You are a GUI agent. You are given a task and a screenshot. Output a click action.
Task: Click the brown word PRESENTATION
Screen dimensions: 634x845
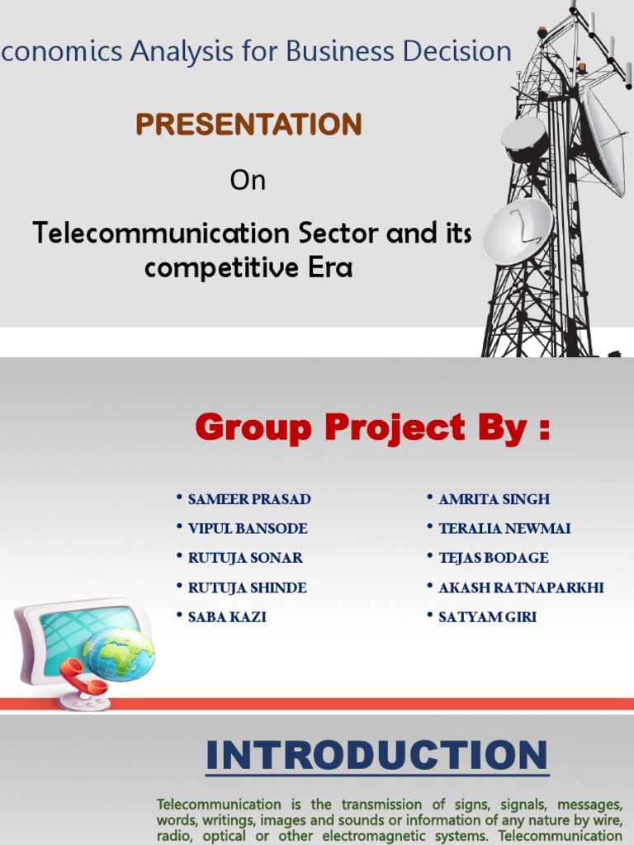248,124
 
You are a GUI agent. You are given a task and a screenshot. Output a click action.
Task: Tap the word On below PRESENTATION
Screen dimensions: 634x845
248,180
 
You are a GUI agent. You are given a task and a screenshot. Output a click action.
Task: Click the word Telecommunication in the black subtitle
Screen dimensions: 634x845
161,233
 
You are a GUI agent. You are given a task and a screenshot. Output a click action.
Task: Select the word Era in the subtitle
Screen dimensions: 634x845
330,267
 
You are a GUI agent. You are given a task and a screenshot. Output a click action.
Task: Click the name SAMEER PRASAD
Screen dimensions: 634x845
249,499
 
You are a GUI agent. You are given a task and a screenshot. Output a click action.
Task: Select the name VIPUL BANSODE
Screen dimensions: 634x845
248,529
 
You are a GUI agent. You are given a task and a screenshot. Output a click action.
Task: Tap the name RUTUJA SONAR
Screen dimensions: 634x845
245,558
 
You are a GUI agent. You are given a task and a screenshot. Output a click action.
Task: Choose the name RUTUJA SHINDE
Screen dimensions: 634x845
247,588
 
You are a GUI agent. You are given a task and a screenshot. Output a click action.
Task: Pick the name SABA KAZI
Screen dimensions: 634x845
227,617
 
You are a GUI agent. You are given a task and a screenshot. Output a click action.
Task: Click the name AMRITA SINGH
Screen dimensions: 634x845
494,499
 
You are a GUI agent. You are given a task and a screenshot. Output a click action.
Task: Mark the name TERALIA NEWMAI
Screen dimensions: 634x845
504,529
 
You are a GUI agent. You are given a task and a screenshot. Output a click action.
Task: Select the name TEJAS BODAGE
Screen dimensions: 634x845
494,558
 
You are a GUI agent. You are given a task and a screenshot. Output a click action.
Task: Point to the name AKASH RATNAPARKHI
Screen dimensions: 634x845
521,588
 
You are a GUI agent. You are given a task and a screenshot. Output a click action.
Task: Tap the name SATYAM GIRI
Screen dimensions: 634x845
487,617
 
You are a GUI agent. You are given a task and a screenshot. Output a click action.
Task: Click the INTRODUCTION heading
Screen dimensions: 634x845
376,756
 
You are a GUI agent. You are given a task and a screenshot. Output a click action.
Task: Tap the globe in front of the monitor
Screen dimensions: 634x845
119,654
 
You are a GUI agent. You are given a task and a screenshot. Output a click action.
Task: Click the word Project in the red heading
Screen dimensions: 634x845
395,428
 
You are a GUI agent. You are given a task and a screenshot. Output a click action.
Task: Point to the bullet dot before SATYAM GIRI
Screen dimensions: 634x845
429,614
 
